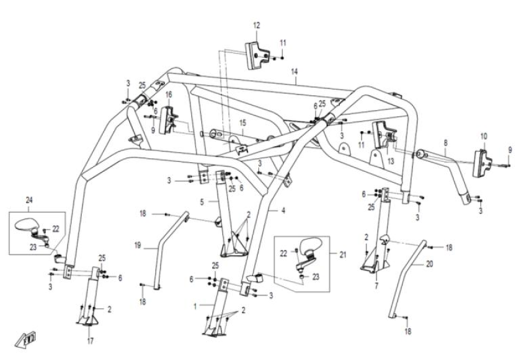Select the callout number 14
click(x=294, y=71)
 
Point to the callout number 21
click(x=343, y=254)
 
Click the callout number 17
click(x=90, y=342)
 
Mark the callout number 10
click(x=484, y=136)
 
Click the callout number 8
click(x=445, y=143)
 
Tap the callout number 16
click(x=169, y=94)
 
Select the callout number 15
click(x=242, y=122)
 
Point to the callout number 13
click(x=391, y=161)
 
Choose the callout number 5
click(x=203, y=202)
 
